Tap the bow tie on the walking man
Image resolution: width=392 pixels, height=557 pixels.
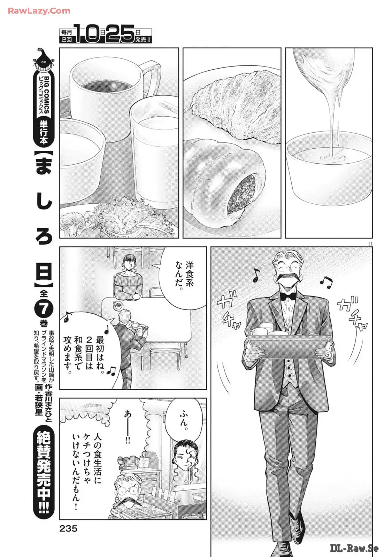pyautogui.click(x=288, y=296)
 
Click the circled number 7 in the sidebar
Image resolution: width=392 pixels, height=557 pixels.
pyautogui.click(x=44, y=308)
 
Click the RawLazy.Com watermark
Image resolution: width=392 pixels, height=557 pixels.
pyautogui.click(x=39, y=11)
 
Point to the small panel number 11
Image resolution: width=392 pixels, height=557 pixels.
pyautogui.click(x=370, y=243)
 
